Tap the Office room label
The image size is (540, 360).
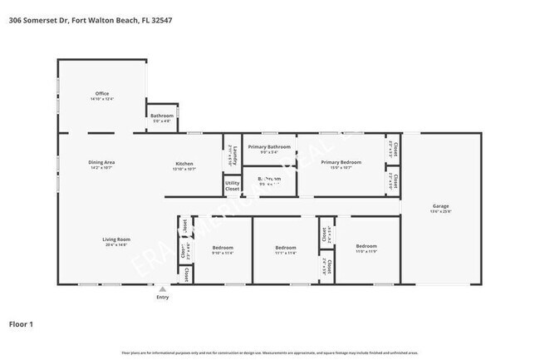[101, 93]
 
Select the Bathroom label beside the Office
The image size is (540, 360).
[161, 116]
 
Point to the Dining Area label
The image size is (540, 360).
[101, 162]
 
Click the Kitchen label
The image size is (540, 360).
[184, 163]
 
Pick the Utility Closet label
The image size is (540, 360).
[233, 185]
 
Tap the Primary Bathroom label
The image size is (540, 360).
[269, 146]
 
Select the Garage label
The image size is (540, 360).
[440, 205]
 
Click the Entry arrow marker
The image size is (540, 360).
[162, 290]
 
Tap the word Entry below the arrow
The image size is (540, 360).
[162, 297]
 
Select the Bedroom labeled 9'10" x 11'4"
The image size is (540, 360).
[223, 247]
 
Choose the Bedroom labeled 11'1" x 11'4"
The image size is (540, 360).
[286, 247]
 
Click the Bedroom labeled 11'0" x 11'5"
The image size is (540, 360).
[366, 246]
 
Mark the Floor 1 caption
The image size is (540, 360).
[20, 324]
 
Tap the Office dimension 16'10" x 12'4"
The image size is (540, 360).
[101, 99]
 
